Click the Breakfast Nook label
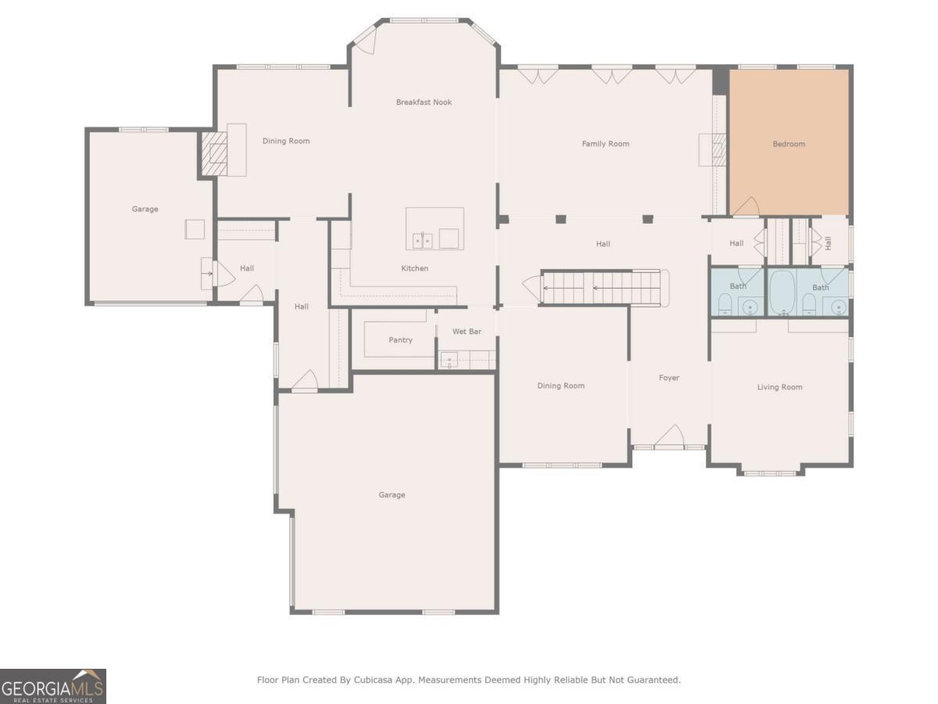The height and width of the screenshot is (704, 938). pyautogui.click(x=424, y=102)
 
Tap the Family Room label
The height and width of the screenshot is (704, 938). pyautogui.click(x=606, y=144)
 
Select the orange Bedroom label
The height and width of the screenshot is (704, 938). pyautogui.click(x=789, y=144)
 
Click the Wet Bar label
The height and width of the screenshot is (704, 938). pyautogui.click(x=467, y=331)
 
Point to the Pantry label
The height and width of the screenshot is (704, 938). pyautogui.click(x=400, y=339)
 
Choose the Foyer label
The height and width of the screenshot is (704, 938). pyautogui.click(x=669, y=378)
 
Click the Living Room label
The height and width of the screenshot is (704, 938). pyautogui.click(x=779, y=387)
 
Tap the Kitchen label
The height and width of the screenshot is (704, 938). pyautogui.click(x=414, y=268)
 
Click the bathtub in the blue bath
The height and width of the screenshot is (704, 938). pyautogui.click(x=782, y=293)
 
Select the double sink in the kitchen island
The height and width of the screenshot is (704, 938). pyautogui.click(x=423, y=241)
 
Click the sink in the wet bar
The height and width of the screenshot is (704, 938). pyautogui.click(x=449, y=360)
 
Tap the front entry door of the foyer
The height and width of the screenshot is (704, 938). pyautogui.click(x=669, y=436)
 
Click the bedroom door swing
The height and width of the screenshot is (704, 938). pyautogui.click(x=746, y=206)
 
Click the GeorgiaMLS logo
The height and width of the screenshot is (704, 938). pyautogui.click(x=53, y=687)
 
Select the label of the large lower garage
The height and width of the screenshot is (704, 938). pyautogui.click(x=392, y=495)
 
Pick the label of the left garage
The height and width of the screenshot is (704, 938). pyautogui.click(x=145, y=209)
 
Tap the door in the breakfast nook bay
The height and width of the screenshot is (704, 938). pyautogui.click(x=365, y=41)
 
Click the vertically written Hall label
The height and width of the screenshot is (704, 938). pyautogui.click(x=828, y=243)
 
